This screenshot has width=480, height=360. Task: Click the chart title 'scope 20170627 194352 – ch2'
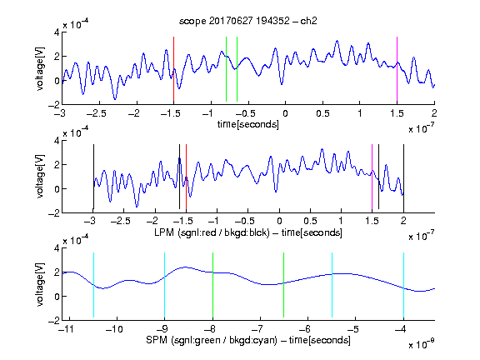248,21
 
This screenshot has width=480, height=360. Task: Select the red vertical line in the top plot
173,69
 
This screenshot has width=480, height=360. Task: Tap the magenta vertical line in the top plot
397,69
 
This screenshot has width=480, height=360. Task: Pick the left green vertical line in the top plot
226,69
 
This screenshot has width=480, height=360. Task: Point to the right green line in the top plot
237,69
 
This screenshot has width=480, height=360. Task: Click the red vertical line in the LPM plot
186,177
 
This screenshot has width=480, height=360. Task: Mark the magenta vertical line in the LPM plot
372,177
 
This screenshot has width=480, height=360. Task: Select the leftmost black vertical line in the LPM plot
93,177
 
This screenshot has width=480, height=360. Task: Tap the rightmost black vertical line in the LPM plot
403,177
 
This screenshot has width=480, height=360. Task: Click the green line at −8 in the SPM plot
212,285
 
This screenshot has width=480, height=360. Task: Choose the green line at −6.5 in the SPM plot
284,285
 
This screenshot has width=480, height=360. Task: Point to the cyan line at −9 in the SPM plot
165,285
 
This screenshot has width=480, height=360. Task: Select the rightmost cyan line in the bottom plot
403,285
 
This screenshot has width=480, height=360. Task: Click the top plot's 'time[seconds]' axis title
248,124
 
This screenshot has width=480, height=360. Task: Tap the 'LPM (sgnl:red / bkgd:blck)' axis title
212,232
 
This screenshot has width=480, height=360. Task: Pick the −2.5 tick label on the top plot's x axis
97,113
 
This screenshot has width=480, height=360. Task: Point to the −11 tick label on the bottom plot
67,329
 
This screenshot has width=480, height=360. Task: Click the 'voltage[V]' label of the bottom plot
40,284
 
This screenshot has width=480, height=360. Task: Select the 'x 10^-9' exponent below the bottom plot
421,344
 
